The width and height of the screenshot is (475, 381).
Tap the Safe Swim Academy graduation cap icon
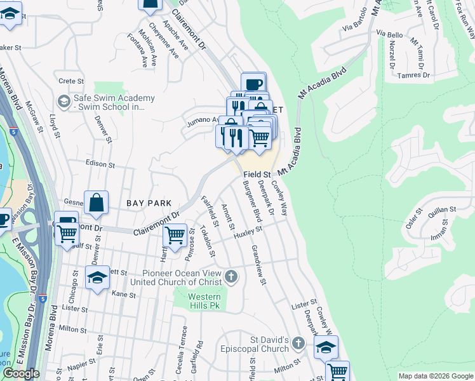coord(64,101)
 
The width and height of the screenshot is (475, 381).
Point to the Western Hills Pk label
coord(204,301)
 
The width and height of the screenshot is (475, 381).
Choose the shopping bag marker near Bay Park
coord(96,204)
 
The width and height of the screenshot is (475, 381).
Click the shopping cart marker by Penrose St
coord(175,235)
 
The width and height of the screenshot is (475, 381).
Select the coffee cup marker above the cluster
coord(253,84)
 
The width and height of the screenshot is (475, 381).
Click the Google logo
coord(21,374)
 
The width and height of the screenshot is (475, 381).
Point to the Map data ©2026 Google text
coord(436,376)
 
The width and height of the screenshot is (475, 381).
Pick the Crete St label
coord(71,81)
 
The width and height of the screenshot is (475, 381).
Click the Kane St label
coord(124,294)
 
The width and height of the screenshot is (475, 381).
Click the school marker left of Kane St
coord(97,278)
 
